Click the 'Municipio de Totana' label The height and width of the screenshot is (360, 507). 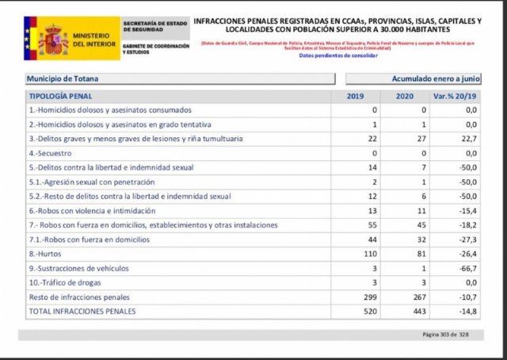[x=63, y=79]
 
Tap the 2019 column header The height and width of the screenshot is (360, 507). [x=355, y=96]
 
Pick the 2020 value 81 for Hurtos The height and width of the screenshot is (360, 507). [x=421, y=255]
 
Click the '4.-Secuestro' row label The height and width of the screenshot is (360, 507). [x=51, y=153]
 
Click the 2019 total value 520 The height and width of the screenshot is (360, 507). [x=368, y=312]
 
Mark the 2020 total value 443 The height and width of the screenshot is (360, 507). [x=420, y=312]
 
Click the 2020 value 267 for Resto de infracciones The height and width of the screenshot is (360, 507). [x=420, y=297]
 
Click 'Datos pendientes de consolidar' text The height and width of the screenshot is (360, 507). [x=338, y=56]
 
